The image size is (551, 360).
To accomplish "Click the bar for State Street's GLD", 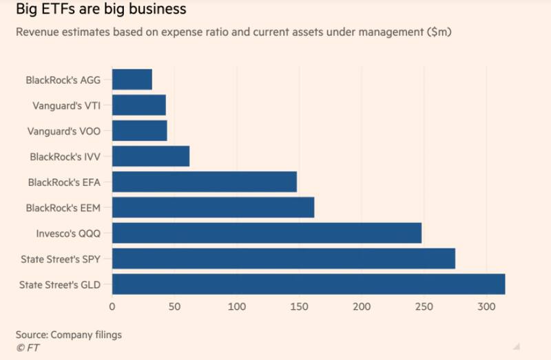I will click(x=308, y=284).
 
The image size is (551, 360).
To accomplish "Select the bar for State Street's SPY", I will click(x=283, y=258).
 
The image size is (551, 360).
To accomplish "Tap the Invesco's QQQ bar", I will click(x=267, y=233).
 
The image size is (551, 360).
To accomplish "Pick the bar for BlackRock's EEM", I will click(x=213, y=207).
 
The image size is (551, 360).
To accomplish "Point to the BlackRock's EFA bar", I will click(x=204, y=182).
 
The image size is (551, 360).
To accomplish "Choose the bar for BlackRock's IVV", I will click(x=150, y=156).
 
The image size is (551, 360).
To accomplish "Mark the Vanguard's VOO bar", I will click(x=139, y=131).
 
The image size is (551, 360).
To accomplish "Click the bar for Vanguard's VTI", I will click(x=138, y=105).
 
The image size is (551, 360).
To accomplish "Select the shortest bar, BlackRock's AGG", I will click(x=132, y=80).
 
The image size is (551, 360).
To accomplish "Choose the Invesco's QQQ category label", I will click(x=68, y=233).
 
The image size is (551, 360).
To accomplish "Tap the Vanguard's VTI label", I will click(x=67, y=106).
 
